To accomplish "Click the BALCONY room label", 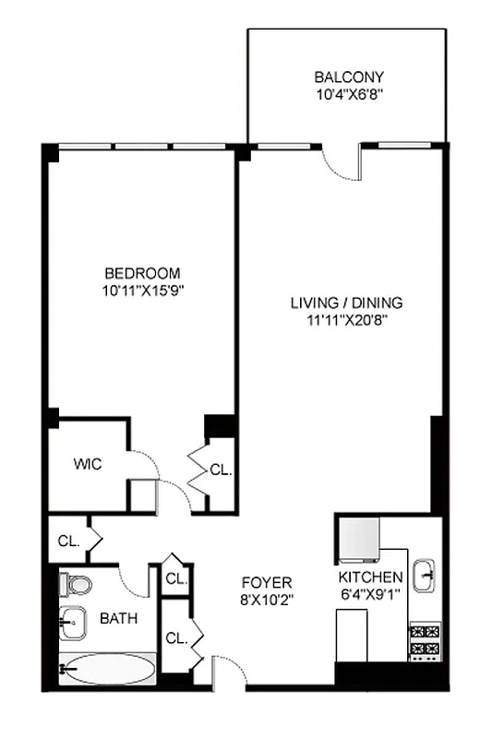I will pos(348,77).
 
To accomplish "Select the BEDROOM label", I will pos(142,273).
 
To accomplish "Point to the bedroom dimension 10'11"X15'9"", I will pos(142,289).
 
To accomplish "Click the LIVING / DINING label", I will pos(346,303).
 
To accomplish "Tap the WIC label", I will pos(88,463).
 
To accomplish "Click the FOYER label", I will pos(267,582).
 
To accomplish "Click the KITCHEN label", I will pos(369,577).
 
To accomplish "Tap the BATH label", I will pos(119,618).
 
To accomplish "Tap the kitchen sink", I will pos(426,574).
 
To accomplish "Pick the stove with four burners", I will pos(426,642).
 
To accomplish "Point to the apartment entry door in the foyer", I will pos(228,673).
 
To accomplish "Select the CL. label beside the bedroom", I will pos(221,470).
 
